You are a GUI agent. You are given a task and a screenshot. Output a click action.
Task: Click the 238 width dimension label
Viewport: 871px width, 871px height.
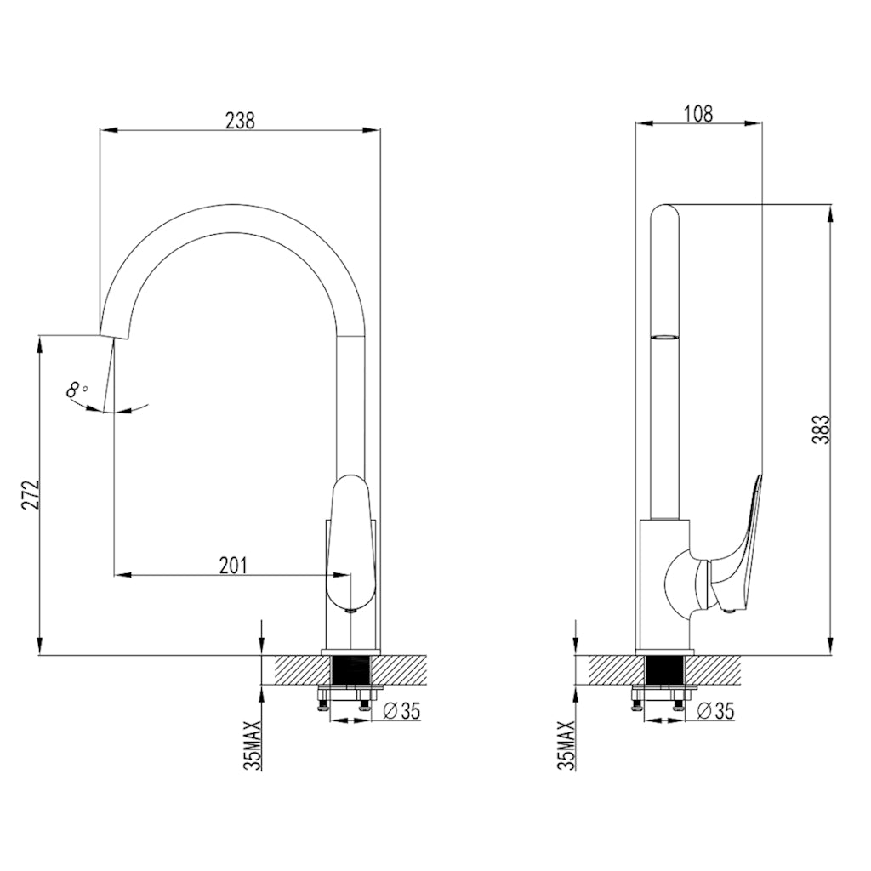coord(240,121)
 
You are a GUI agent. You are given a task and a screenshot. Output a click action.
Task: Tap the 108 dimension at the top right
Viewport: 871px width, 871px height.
coord(697,113)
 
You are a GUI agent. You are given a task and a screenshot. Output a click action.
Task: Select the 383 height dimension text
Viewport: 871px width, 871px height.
coord(820,430)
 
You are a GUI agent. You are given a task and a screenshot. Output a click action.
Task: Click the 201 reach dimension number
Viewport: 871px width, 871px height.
coord(232,565)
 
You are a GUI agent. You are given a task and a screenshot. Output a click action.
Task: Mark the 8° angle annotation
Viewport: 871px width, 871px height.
coord(77,390)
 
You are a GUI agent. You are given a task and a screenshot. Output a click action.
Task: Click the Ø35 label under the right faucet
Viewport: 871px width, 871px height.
coord(715,711)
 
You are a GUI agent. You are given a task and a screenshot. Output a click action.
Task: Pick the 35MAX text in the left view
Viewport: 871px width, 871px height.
coord(253,745)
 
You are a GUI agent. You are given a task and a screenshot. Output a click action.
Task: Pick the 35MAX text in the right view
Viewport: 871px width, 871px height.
coord(567,745)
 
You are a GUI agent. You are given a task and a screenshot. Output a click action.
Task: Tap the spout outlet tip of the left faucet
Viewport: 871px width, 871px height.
coord(114,333)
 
